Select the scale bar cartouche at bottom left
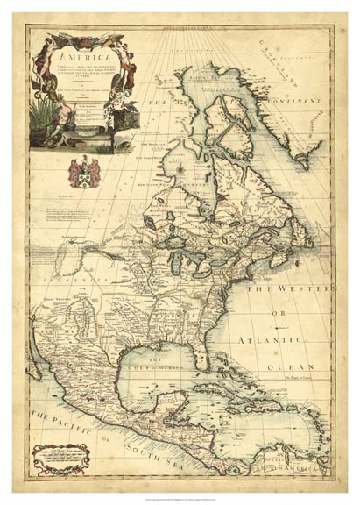62,459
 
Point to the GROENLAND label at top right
298,61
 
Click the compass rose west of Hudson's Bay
174,165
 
